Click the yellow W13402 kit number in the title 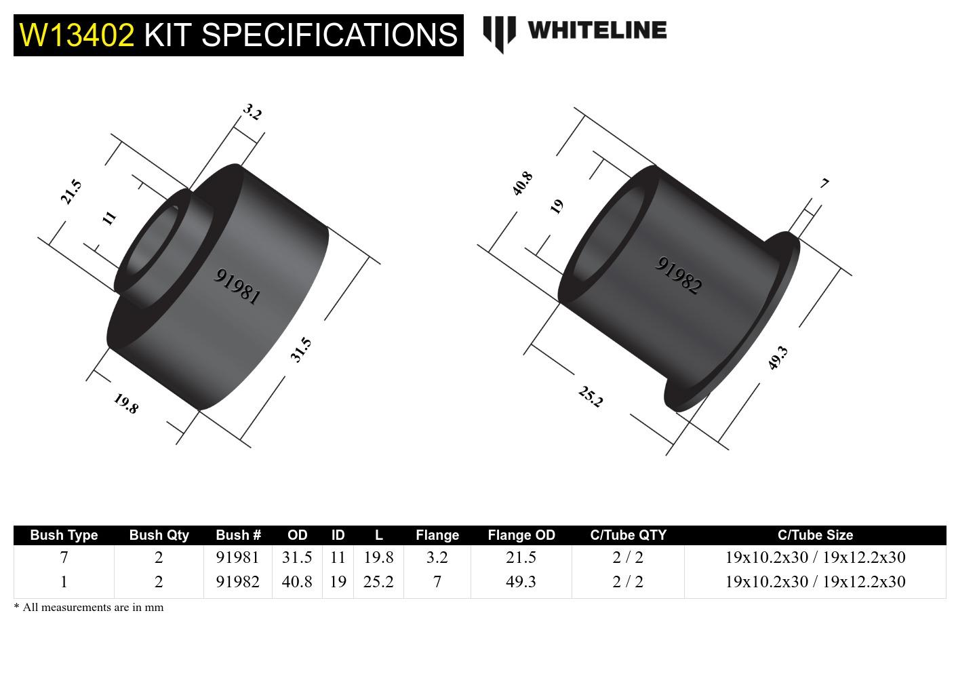point(77,35)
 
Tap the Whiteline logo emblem point(499,33)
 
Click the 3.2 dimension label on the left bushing point(252,112)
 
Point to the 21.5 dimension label point(71,191)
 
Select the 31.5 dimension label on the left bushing point(301,349)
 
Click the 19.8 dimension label point(126,403)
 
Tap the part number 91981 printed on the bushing point(237,286)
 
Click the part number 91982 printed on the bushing point(679,275)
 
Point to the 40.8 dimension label point(522,184)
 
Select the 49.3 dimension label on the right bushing point(778,357)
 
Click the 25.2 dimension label point(590,397)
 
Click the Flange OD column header point(521,535)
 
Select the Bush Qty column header point(159,535)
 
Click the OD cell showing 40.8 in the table point(297,582)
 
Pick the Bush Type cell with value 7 point(64,557)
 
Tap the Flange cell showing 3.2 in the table point(437,557)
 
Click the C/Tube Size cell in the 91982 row point(815,582)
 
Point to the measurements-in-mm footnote point(89,607)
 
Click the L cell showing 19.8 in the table point(378,557)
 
